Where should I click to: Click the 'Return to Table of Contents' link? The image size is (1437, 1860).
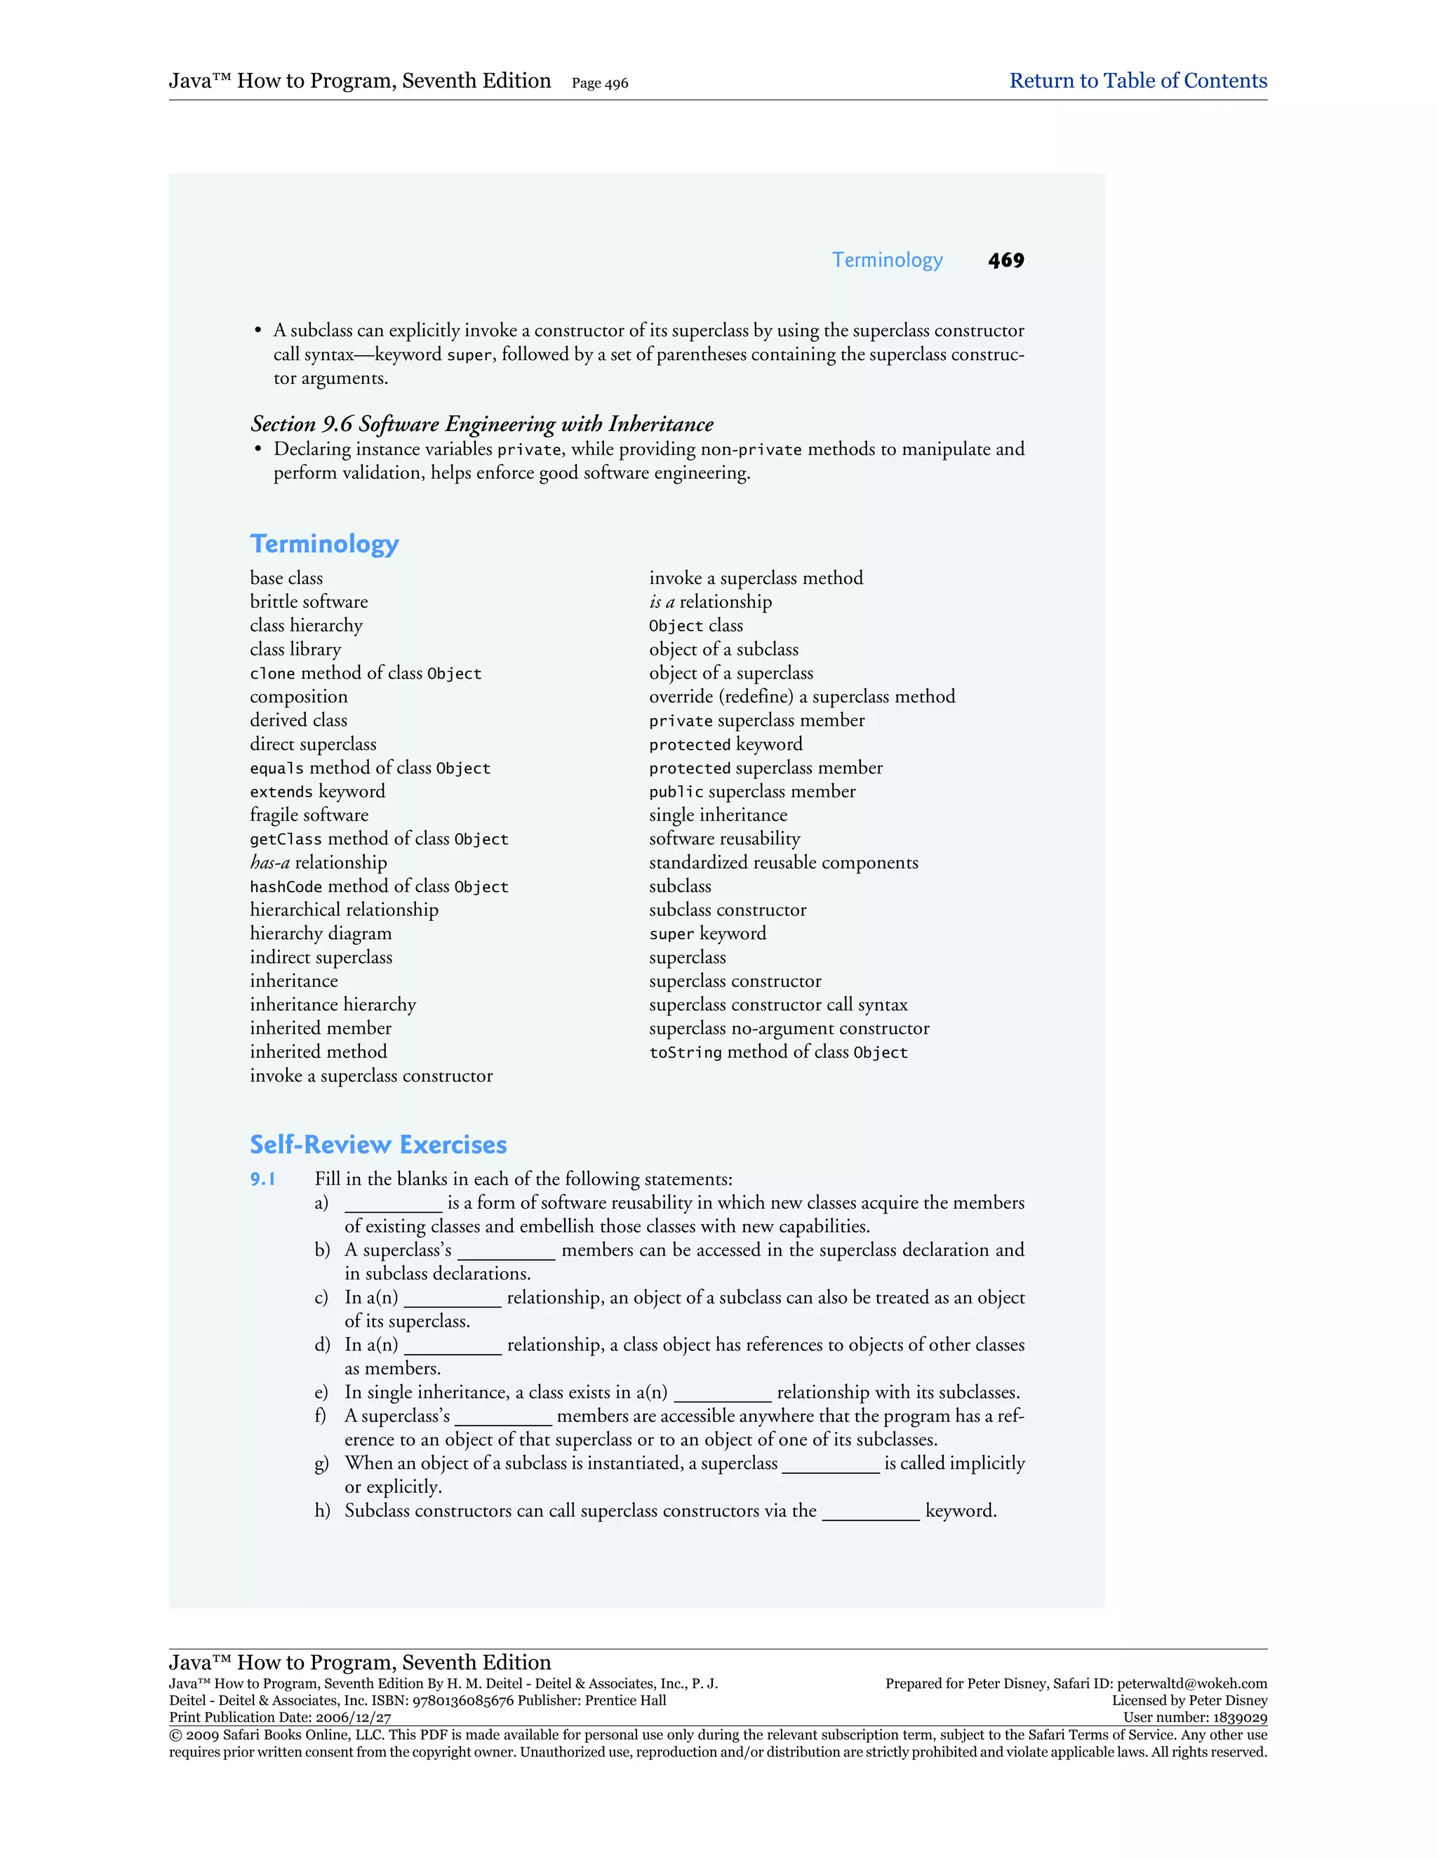(1137, 81)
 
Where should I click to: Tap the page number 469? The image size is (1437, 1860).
(1005, 260)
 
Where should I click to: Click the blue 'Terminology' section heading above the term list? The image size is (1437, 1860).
(324, 543)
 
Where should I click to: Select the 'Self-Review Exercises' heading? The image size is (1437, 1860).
(378, 1145)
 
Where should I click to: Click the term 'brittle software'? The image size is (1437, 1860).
(309, 602)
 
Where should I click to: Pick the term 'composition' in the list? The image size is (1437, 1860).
(299, 697)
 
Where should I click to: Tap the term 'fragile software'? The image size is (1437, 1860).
(309, 815)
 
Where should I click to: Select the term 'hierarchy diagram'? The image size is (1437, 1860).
(321, 934)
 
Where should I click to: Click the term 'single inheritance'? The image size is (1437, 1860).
(718, 815)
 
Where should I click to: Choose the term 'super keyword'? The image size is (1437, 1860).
(707, 934)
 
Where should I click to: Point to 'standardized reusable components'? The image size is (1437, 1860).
(783, 863)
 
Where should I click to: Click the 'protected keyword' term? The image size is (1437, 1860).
(726, 744)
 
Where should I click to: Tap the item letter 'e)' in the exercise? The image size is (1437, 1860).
(321, 1393)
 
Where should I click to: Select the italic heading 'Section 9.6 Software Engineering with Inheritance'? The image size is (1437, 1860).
(482, 424)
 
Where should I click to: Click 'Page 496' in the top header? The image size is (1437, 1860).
(599, 84)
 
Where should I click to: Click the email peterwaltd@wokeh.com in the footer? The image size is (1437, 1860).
(1192, 1684)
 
